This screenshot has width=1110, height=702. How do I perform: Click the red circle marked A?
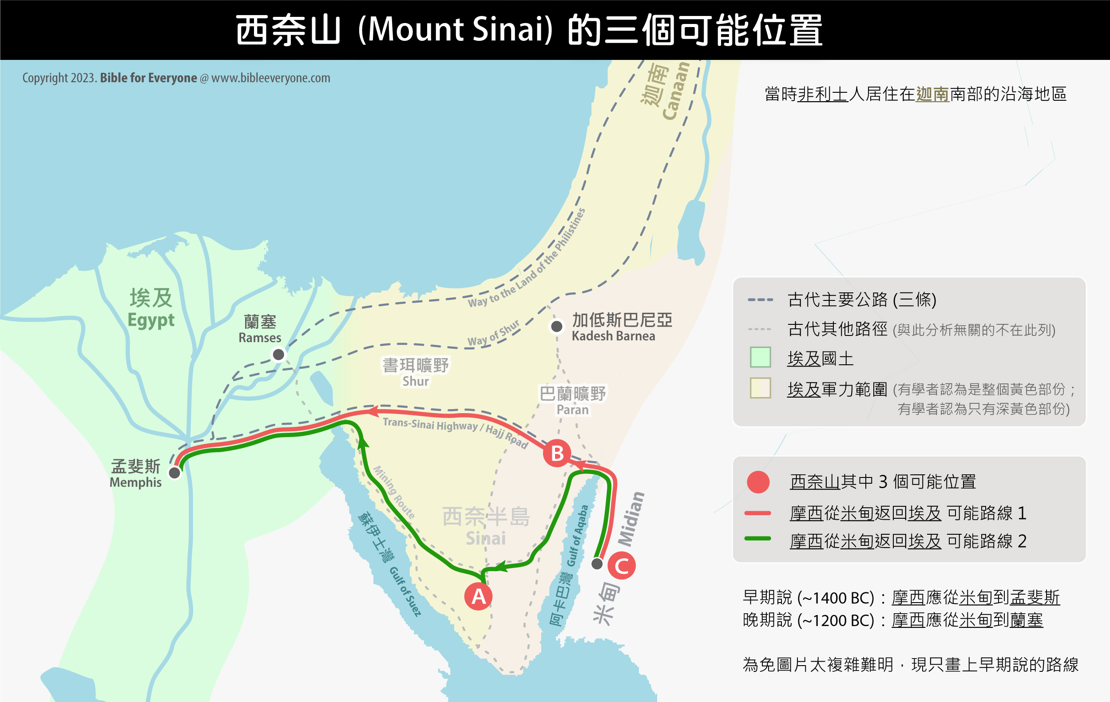pos(479,596)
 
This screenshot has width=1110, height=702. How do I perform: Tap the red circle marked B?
pos(557,453)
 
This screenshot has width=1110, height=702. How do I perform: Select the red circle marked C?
pos(622,566)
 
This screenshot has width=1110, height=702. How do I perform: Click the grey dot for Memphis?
pos(174,473)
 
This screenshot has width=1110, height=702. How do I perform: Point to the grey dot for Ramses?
pos(278,355)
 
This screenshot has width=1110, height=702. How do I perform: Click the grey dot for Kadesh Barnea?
pos(557,327)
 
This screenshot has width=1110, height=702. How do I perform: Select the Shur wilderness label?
pos(415,373)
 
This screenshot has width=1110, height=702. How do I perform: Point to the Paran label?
pos(572,401)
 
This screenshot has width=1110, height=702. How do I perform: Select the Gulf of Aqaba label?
pos(577,536)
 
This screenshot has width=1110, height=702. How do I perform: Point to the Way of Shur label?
pos(494,334)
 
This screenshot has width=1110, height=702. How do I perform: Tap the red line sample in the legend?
pos(758,513)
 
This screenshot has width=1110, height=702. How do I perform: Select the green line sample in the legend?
pos(758,538)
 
